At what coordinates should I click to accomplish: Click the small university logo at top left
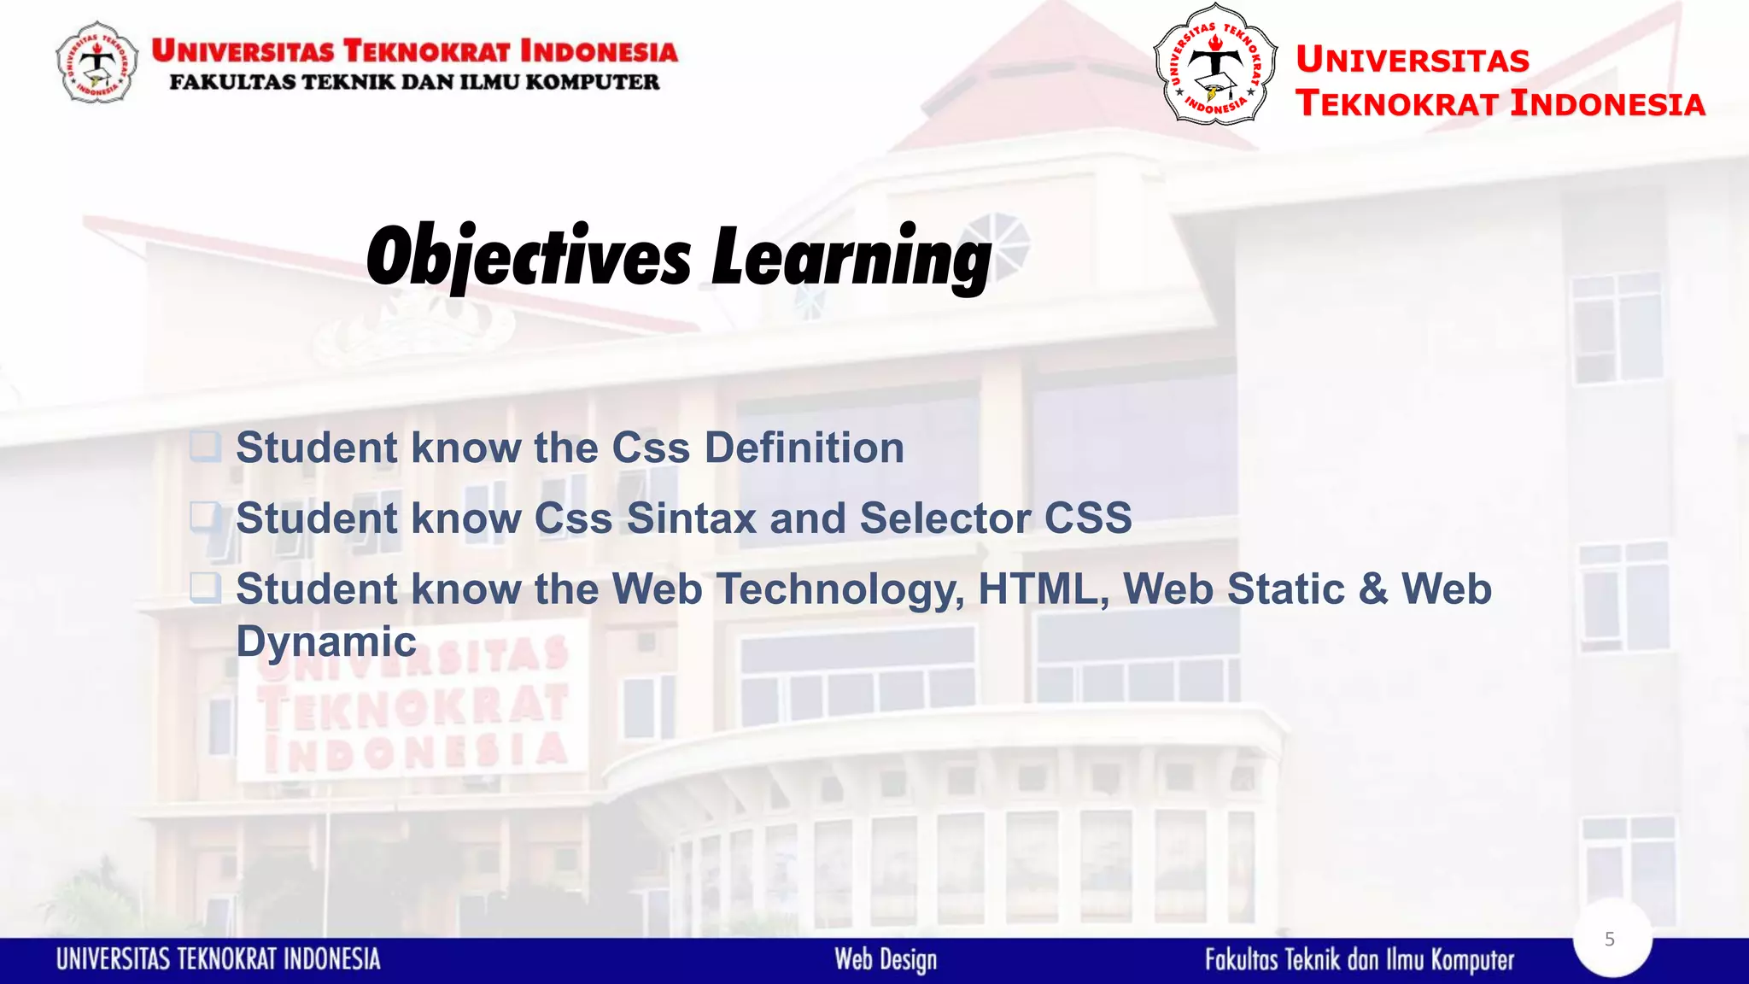click(x=97, y=63)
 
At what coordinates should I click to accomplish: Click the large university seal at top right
click(x=1214, y=65)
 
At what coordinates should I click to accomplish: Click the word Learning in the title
click(x=851, y=258)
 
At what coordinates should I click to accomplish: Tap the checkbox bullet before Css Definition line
click(x=205, y=446)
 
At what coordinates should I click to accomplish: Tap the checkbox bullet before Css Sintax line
click(x=205, y=517)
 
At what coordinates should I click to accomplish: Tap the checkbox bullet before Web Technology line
click(x=205, y=588)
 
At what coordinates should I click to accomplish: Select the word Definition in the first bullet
click(x=804, y=448)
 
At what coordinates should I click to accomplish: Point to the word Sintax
click(x=691, y=518)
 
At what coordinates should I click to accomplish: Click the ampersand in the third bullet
click(x=1373, y=589)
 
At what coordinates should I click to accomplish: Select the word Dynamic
click(x=325, y=642)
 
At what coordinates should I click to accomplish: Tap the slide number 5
click(x=1610, y=940)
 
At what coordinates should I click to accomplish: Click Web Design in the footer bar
click(x=886, y=960)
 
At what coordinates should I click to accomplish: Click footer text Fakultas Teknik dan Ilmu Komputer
click(x=1359, y=960)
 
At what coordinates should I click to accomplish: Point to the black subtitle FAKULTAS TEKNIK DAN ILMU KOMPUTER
click(x=414, y=83)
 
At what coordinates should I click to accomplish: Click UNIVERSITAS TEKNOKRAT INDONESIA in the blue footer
click(x=219, y=960)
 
